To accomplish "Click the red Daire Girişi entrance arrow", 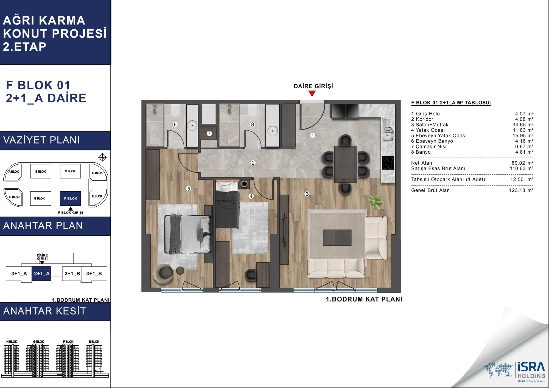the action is pyautogui.click(x=312, y=94).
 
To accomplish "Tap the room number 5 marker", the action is pyautogui.click(x=188, y=189).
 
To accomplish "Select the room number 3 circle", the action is pyautogui.click(x=307, y=194).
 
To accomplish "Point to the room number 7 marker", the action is pyautogui.click(x=209, y=133).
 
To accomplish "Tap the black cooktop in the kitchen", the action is pyautogui.click(x=388, y=163).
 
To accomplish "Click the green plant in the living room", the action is pyautogui.click(x=376, y=203).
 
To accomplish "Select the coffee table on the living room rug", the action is pyautogui.click(x=337, y=238).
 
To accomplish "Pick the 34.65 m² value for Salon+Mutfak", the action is pyautogui.click(x=523, y=125).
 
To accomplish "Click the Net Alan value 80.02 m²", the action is pyautogui.click(x=522, y=163).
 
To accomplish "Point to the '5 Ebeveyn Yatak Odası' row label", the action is pyautogui.click(x=439, y=136).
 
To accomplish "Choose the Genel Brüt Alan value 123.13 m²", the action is pyautogui.click(x=521, y=190).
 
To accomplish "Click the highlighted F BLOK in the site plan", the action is pyautogui.click(x=71, y=198).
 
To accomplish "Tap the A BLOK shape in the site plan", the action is pyautogui.click(x=13, y=172).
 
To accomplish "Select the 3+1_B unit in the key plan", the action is pyautogui.click(x=94, y=274).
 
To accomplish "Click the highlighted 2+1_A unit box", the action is pyautogui.click(x=41, y=274).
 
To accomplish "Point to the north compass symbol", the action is pyautogui.click(x=103, y=158).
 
